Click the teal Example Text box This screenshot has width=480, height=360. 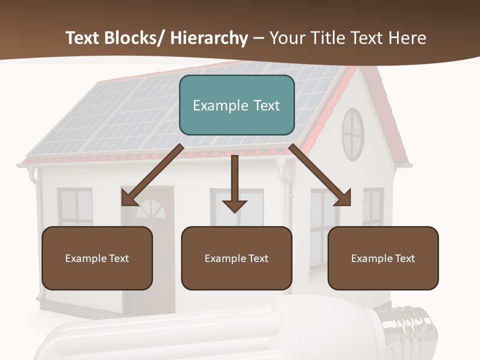tap(236, 105)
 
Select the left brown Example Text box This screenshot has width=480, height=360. tap(97, 258)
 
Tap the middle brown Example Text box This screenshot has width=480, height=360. tap(236, 258)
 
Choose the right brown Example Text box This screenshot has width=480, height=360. tap(383, 258)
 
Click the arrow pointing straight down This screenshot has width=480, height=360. tap(234, 185)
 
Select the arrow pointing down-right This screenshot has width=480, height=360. tap(320, 175)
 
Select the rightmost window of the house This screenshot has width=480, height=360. tap(373, 206)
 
